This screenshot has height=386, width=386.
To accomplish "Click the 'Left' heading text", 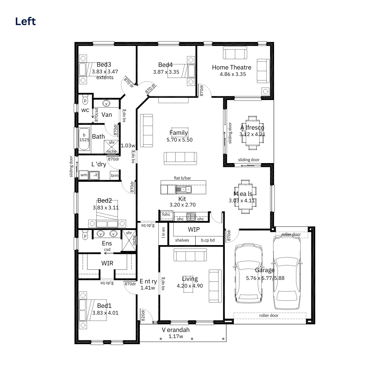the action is click(x=25, y=21).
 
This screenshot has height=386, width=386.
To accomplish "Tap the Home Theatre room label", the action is click(x=232, y=67).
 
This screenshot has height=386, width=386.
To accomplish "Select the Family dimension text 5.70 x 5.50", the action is click(x=179, y=140).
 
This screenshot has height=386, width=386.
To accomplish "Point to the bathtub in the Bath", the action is click(x=84, y=139).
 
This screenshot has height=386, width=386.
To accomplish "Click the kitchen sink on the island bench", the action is click(x=183, y=189).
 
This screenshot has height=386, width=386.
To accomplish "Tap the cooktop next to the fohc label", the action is click(x=191, y=216).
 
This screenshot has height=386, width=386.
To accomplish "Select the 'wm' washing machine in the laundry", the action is click(x=84, y=175).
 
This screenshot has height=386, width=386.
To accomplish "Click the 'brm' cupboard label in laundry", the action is click(x=115, y=176).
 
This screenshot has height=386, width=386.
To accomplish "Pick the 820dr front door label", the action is click(x=143, y=315).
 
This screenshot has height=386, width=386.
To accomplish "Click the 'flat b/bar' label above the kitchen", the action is click(x=182, y=178).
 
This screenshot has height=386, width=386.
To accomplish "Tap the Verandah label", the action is click(x=176, y=330).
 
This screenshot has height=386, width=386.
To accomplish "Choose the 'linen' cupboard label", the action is click(x=163, y=233).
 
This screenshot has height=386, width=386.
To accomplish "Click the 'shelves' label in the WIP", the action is click(x=182, y=240).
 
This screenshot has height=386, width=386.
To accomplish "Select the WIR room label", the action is click(x=107, y=263).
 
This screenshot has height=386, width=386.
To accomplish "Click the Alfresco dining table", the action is click(x=253, y=133).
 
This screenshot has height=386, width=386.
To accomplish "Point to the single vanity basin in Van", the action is click(x=106, y=103).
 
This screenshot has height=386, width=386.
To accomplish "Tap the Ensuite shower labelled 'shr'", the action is click(x=129, y=240).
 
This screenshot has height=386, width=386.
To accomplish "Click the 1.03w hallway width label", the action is click(x=128, y=145).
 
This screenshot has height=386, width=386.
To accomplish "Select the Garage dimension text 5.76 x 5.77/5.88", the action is click(x=265, y=278).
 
